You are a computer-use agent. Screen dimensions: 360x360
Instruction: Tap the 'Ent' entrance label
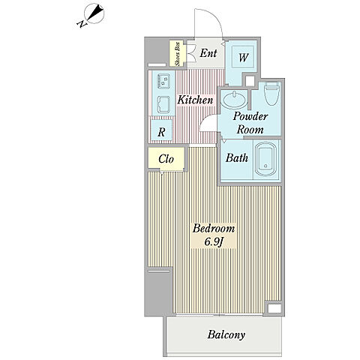[208, 53]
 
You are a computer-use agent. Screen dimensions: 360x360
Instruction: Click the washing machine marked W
[244, 58]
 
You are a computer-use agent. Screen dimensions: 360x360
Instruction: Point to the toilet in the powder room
[271, 94]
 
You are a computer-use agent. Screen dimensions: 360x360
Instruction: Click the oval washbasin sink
[234, 100]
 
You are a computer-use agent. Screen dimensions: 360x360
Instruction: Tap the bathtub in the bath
[265, 159]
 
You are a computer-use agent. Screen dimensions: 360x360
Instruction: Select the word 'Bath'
[237, 157]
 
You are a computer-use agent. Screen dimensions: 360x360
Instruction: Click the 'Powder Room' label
[250, 123]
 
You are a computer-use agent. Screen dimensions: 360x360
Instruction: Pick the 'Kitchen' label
[195, 100]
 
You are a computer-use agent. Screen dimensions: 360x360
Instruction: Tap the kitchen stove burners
[163, 80]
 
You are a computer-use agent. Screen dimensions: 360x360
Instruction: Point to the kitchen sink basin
[163, 104]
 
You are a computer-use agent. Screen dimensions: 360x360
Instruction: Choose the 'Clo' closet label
[166, 159]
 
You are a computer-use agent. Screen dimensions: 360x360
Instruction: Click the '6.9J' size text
[214, 241]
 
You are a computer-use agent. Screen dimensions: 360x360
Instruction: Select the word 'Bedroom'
[214, 229]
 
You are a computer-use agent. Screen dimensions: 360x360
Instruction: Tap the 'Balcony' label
[226, 334]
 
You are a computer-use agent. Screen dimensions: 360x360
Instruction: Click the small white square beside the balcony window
[274, 308]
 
